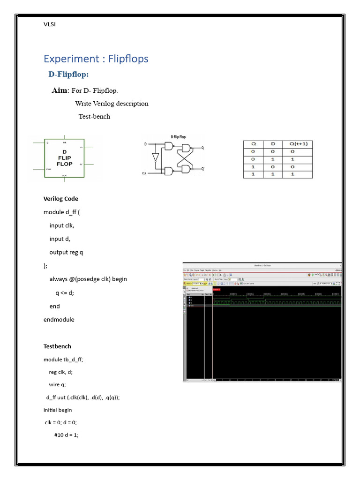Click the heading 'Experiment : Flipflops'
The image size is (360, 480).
pyautogui.click(x=96, y=59)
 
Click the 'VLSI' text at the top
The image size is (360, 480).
pyautogui.click(x=49, y=24)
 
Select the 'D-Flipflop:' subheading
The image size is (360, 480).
pyautogui.click(x=68, y=75)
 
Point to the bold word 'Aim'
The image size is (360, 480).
pyautogui.click(x=60, y=90)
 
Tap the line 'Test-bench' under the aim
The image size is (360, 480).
pyautogui.click(x=94, y=117)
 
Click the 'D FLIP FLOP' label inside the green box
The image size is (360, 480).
pyautogui.click(x=64, y=158)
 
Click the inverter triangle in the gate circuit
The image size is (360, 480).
pyautogui.click(x=155, y=157)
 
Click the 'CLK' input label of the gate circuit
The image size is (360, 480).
pyautogui.click(x=145, y=173)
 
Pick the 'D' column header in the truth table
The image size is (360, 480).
pyautogui.click(x=273, y=144)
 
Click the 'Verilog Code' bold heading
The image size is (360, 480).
pyautogui.click(x=61, y=199)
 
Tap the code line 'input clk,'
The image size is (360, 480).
pyautogui.click(x=62, y=225)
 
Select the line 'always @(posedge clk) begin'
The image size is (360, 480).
pyautogui.click(x=88, y=279)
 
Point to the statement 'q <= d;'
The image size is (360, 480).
pyautogui.click(x=65, y=292)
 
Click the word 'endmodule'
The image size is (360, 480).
pyautogui.click(x=59, y=319)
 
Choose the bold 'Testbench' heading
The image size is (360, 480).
pyautogui.click(x=57, y=346)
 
